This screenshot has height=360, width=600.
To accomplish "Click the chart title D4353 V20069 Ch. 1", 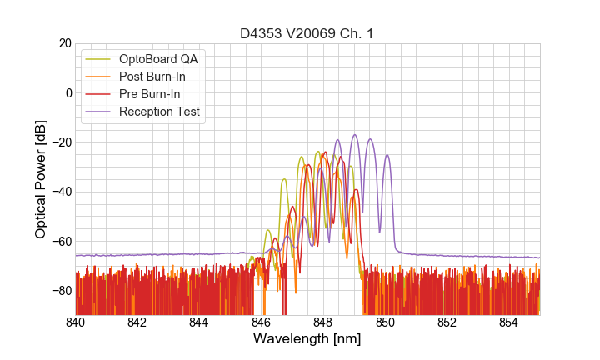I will click(307, 33).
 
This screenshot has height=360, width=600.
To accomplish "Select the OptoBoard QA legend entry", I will click(158, 60).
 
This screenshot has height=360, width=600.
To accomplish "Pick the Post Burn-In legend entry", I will click(152, 77).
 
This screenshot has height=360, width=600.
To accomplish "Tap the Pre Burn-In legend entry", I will click(149, 94).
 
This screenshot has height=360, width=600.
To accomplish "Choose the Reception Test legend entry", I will click(159, 112).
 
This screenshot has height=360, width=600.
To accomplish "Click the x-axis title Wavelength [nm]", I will click(307, 339).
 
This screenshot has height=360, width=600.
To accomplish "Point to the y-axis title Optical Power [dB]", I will click(40, 179).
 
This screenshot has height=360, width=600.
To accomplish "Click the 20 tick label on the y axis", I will click(64, 43).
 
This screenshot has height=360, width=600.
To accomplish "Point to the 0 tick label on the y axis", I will click(67, 92).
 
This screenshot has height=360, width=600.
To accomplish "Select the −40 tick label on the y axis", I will click(60, 192).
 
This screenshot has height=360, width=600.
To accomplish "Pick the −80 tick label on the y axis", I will click(60, 291).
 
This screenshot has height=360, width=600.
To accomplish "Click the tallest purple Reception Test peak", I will click(354, 135).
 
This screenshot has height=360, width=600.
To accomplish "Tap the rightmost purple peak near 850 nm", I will click(387, 156).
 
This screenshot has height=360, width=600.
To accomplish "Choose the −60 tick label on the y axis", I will click(60, 242).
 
